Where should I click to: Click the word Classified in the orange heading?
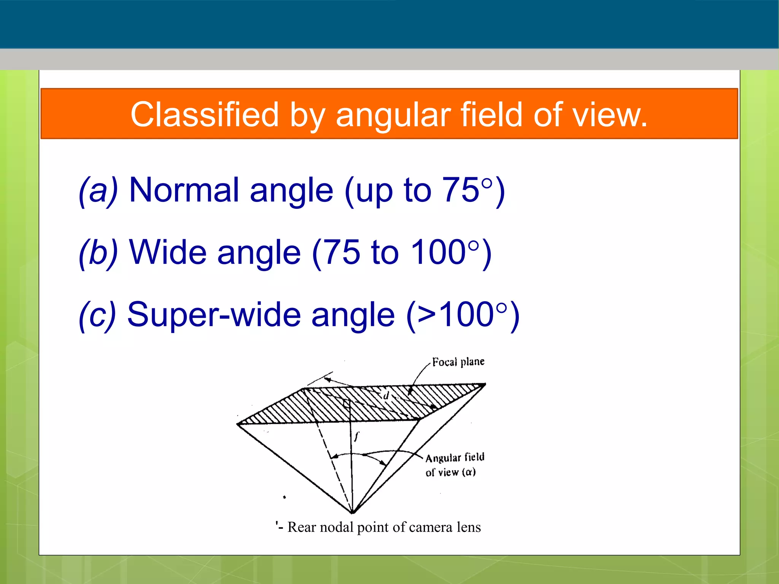coord(205,114)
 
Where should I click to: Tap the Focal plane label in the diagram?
coord(458,362)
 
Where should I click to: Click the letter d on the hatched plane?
coord(386,395)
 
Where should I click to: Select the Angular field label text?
coord(455,457)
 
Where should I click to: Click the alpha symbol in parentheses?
coord(469,472)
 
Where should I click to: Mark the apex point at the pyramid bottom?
coord(353,512)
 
